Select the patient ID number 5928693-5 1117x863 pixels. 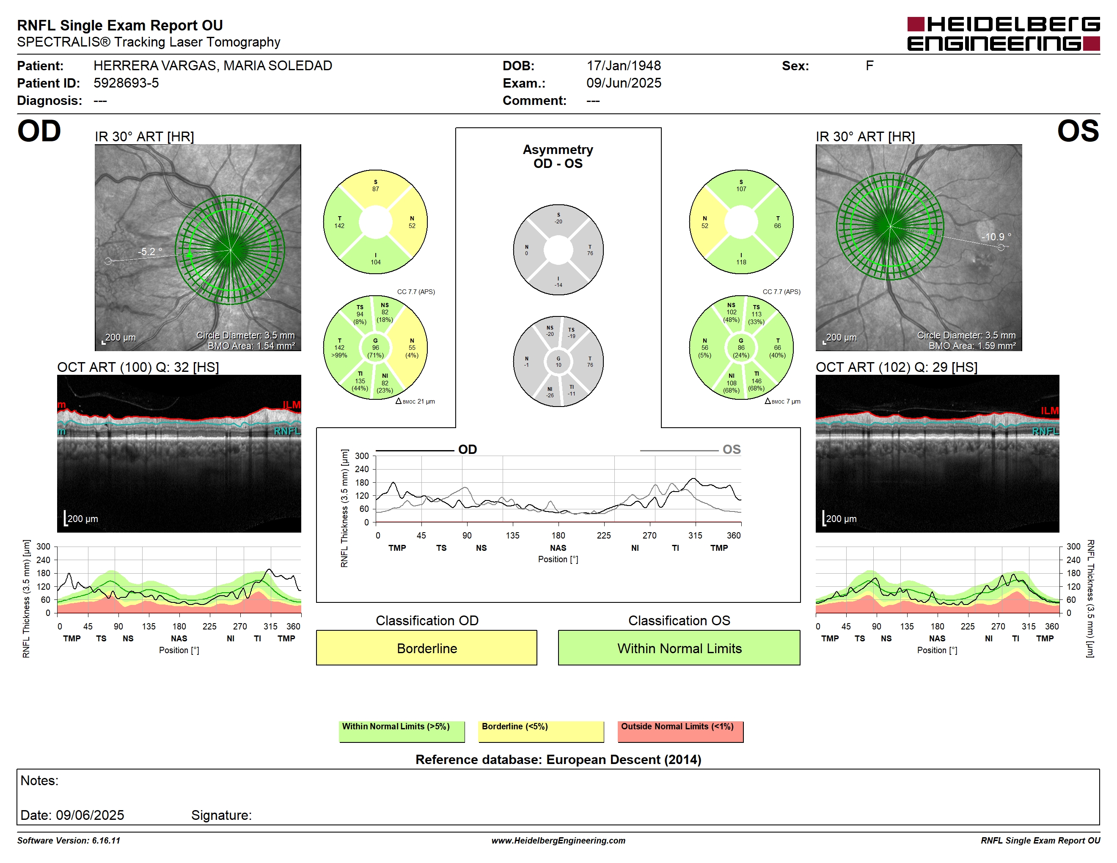tap(126, 83)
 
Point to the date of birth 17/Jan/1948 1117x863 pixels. tap(624, 66)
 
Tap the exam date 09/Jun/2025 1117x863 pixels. tap(624, 83)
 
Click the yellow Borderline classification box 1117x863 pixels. tap(426, 648)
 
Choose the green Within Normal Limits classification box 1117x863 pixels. tap(679, 648)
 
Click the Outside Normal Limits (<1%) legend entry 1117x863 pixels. tap(680, 731)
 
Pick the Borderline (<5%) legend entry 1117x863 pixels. tap(541, 731)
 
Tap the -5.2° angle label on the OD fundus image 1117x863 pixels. tap(150, 252)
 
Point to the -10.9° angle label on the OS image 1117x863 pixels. tap(996, 237)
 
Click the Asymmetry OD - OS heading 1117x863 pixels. tap(558, 157)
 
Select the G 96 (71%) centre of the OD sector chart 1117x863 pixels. tap(375, 348)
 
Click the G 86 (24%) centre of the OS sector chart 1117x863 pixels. tap(741, 348)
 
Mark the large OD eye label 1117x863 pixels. tap(39, 132)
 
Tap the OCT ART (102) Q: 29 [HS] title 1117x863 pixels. tap(897, 367)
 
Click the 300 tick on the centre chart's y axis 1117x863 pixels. tap(362, 456)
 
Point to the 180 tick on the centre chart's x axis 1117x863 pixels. tap(558, 535)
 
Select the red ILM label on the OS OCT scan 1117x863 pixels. tap(1049, 410)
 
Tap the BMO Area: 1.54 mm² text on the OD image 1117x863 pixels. tap(251, 346)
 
